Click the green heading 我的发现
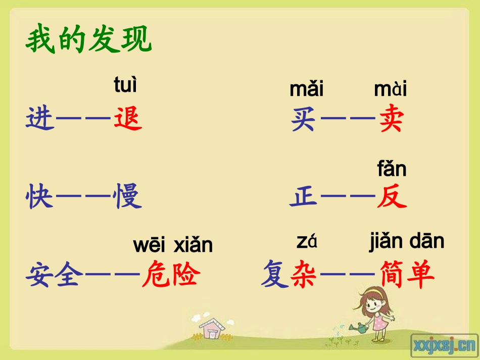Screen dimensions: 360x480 pos(88,40)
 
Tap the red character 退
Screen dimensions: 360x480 pos(128,120)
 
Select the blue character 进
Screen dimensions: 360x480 pos(40,120)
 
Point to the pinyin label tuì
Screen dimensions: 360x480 pos(125,85)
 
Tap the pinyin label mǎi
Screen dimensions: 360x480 pos(307,89)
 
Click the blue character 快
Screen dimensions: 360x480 pos(40,197)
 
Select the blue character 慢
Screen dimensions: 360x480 pos(128,197)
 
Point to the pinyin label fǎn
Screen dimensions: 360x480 pos(392,169)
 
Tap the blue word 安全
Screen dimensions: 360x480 pos(55,275)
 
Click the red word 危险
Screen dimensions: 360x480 pos(171,275)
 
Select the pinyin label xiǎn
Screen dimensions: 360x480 pos(193,245)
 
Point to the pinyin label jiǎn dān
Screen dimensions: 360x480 pos(406,242)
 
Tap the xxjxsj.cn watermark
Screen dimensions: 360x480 pos(444,345)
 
